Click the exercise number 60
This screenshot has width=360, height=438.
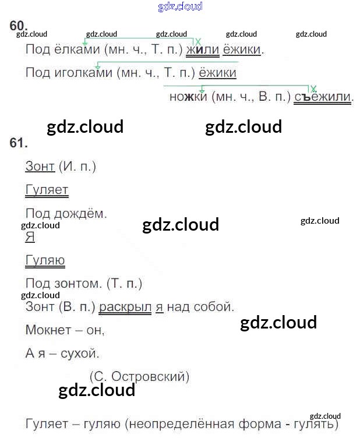pyautogui.click(x=19, y=25)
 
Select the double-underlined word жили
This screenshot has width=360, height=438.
pyautogui.click(x=202, y=50)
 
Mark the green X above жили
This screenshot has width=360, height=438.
pyautogui.click(x=198, y=41)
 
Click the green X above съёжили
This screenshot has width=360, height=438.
pyautogui.click(x=313, y=89)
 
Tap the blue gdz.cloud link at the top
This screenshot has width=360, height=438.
pyautogui.click(x=180, y=6)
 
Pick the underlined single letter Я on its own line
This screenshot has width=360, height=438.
pyautogui.click(x=30, y=237)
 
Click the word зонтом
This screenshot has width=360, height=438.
pyautogui.click(x=81, y=284)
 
